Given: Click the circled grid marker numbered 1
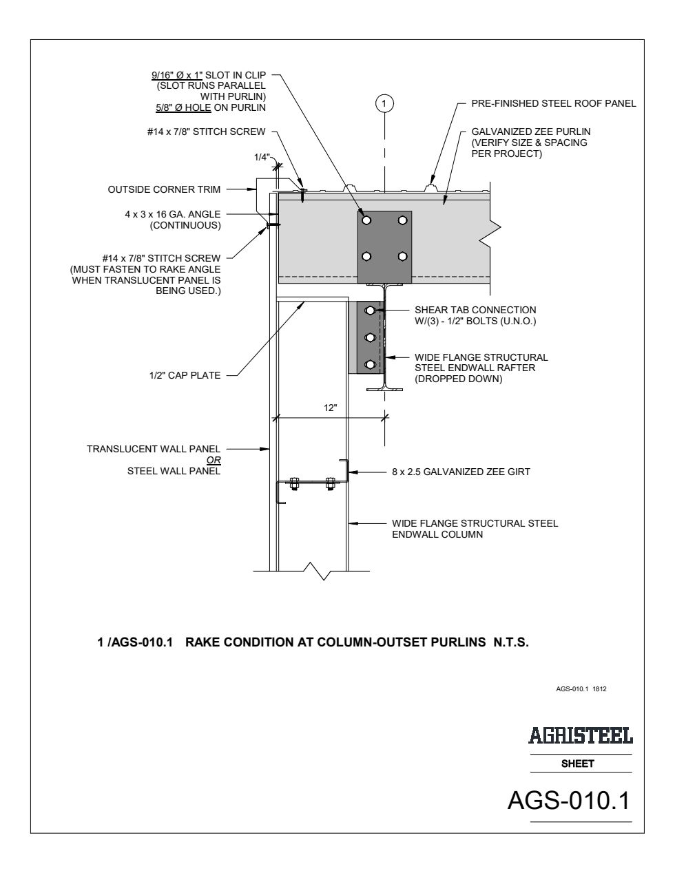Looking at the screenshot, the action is pyautogui.click(x=384, y=104).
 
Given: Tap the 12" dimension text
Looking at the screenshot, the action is pyautogui.click(x=331, y=408).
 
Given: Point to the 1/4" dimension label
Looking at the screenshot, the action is pyautogui.click(x=262, y=157).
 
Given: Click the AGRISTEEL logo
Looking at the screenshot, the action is pyautogui.click(x=580, y=735).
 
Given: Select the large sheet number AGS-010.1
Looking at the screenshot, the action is pyautogui.click(x=569, y=800).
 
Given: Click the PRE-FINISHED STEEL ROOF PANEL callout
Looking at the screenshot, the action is pyautogui.click(x=554, y=104).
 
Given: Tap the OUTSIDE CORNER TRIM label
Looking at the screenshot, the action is pyautogui.click(x=164, y=189).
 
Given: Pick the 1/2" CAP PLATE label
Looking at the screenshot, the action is pyautogui.click(x=185, y=376).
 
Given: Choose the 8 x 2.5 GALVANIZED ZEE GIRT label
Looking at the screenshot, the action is pyautogui.click(x=461, y=472).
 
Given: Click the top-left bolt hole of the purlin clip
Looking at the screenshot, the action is pyautogui.click(x=366, y=220).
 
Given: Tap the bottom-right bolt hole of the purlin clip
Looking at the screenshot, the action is pyautogui.click(x=402, y=256).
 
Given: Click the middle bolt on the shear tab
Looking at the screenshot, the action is pyautogui.click(x=370, y=337).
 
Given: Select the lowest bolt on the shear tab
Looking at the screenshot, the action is pyautogui.click(x=370, y=364).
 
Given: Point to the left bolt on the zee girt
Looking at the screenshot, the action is pyautogui.click(x=293, y=483).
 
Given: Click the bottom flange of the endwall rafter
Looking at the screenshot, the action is pyautogui.click(x=384, y=389).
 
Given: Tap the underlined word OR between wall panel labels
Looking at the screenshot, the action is pyautogui.click(x=214, y=461).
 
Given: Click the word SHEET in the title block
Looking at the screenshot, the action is pyautogui.click(x=577, y=764).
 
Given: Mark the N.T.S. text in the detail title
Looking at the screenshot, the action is pyautogui.click(x=511, y=642).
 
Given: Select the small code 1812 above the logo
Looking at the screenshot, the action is pyautogui.click(x=599, y=689).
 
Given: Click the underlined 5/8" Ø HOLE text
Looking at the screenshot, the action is pyautogui.click(x=183, y=107).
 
